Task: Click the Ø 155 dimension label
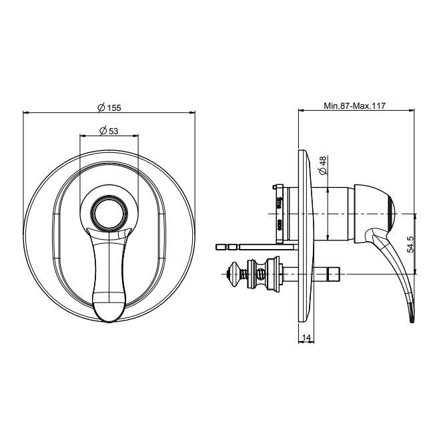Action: coord(109,107)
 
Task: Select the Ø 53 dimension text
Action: coord(109,130)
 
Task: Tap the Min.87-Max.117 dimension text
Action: coord(354,106)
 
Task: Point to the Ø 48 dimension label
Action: coord(323,166)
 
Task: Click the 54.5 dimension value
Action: coord(410,244)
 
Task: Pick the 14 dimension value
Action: coord(306,338)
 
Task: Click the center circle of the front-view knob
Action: coord(109,213)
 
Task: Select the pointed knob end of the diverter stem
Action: coord(231,274)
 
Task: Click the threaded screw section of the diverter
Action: coord(244,274)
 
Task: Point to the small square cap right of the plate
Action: coord(334,274)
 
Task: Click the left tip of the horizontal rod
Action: coord(217,247)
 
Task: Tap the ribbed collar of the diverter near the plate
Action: coord(272,274)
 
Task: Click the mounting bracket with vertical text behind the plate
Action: coord(280,213)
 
